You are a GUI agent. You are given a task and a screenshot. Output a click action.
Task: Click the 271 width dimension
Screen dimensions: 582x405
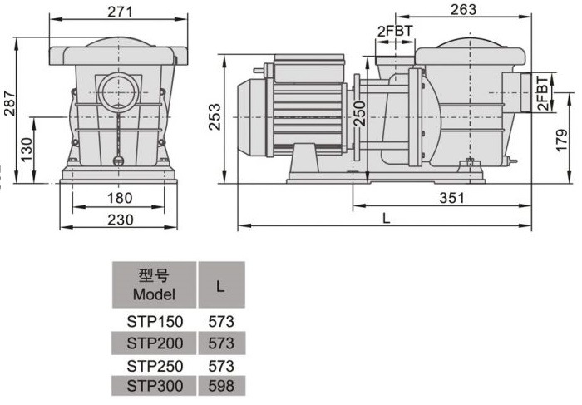click(x=120, y=12)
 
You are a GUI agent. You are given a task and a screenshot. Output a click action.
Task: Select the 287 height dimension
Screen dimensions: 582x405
click(x=10, y=103)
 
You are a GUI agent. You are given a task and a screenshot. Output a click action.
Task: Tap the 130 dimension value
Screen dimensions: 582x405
click(x=27, y=150)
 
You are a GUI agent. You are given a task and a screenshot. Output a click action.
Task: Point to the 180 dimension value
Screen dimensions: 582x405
click(x=120, y=198)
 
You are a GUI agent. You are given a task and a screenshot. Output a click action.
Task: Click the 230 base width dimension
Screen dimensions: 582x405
click(x=121, y=220)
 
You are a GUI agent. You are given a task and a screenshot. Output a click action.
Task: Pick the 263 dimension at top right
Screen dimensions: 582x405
click(x=463, y=10)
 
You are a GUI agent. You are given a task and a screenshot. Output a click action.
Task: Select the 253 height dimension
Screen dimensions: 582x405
click(x=215, y=117)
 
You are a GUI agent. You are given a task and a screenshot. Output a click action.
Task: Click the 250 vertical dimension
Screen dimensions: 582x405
click(x=359, y=114)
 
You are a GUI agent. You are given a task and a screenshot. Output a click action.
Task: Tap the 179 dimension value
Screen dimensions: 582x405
click(x=562, y=140)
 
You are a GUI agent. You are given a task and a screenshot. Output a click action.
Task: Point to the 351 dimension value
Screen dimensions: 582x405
click(x=451, y=198)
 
